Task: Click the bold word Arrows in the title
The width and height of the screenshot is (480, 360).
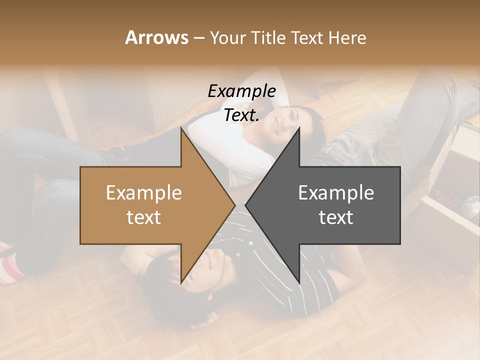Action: coord(156,37)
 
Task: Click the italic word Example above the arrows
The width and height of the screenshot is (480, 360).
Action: coord(241,91)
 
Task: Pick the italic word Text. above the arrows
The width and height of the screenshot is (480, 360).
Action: coord(241,115)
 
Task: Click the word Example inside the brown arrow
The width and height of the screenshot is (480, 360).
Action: coord(144,193)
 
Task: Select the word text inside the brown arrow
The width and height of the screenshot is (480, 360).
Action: coord(144,217)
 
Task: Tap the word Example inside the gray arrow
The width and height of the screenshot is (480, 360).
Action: coord(336,193)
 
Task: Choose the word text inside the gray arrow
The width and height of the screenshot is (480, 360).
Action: coord(336,217)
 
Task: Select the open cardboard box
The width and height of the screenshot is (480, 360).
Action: coord(450,200)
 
